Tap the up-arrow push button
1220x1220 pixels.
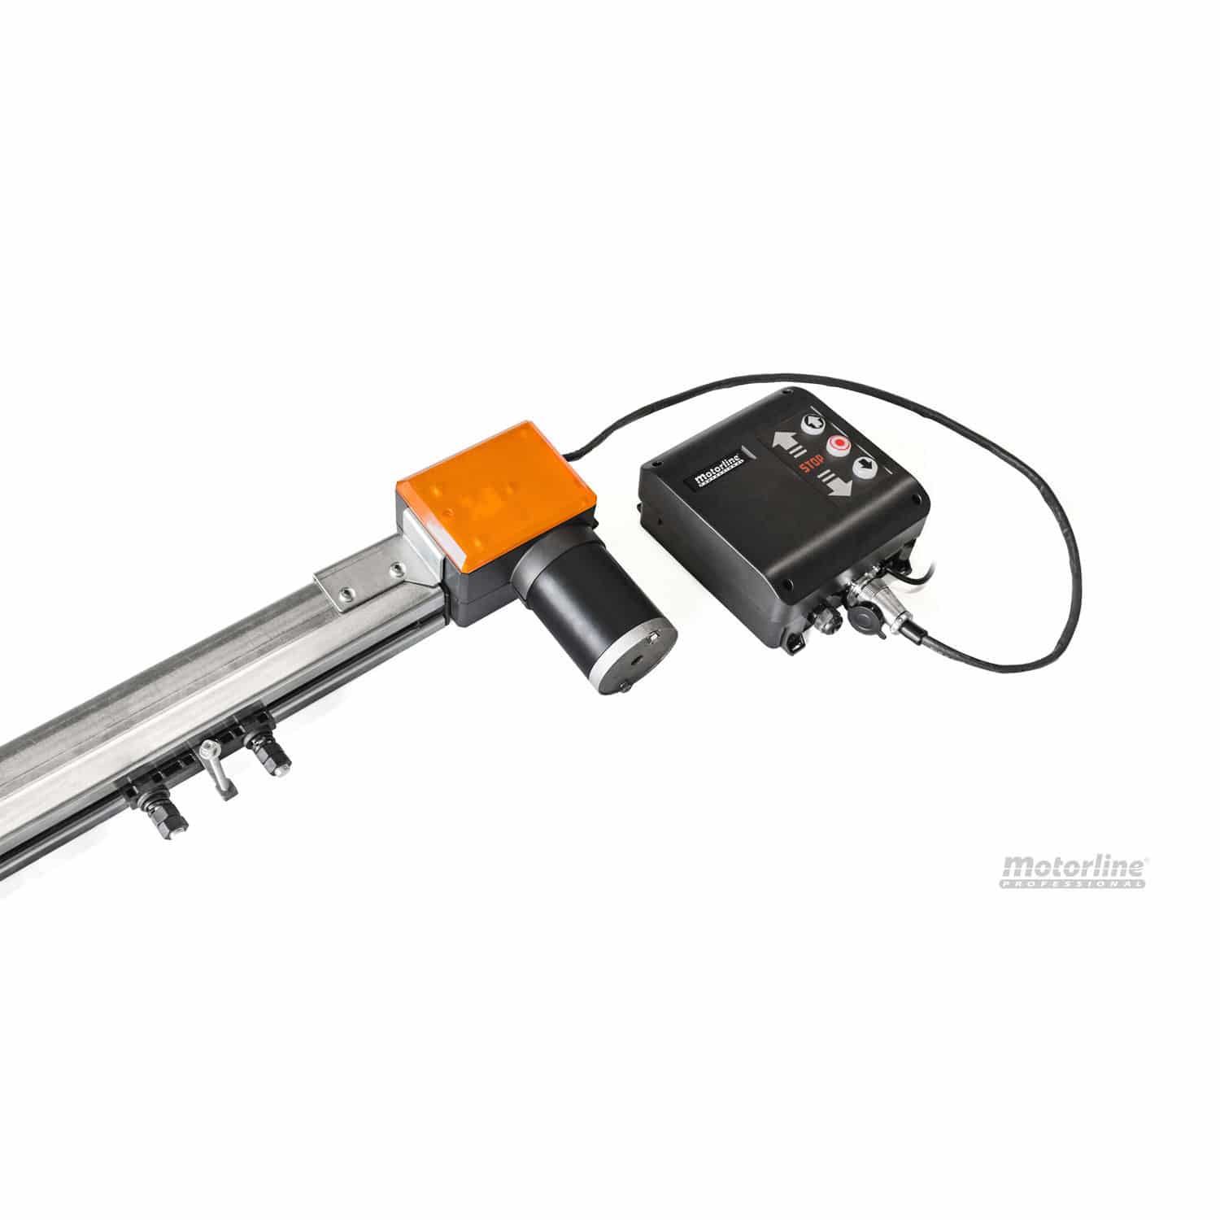coord(813,423)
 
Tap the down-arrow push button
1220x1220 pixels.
coord(865,467)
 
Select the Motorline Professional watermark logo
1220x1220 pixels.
coord(1074,871)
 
